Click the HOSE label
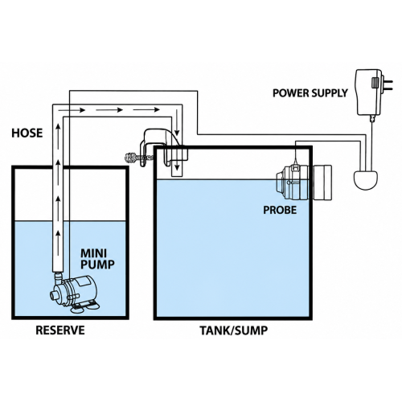coord(27,133)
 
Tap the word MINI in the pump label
coord(93,253)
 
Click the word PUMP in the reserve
coord(97,265)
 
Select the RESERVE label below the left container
coord(60,330)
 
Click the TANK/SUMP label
coord(234,330)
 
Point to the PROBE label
coord(280,210)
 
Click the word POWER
coord(290,93)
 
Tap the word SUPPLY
coord(329,93)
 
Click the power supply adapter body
coord(368,92)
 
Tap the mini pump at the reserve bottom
coord(75,293)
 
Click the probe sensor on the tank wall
coord(304,182)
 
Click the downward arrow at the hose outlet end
coord(177,163)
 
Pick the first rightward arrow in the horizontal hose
coord(72,110)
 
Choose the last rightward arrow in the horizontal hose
coord(146,109)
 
